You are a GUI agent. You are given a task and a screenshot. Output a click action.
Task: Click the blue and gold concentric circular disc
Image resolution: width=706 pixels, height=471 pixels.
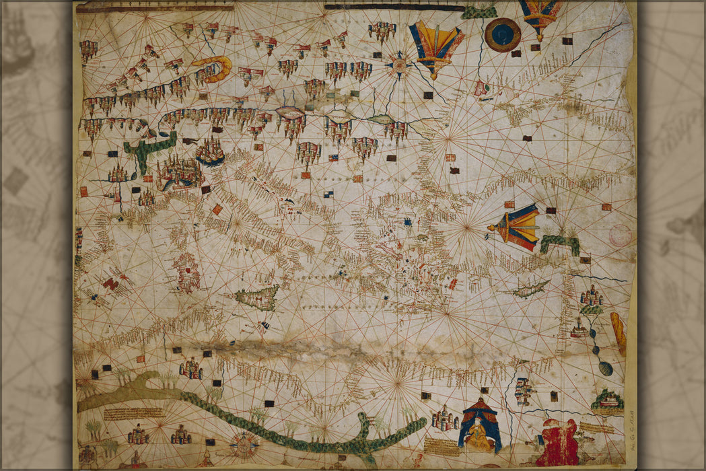[502, 35]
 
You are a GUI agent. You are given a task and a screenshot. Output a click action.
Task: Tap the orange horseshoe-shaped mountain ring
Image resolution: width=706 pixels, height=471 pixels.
[213, 68]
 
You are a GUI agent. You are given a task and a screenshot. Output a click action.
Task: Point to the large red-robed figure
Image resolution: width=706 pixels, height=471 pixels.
[558, 443]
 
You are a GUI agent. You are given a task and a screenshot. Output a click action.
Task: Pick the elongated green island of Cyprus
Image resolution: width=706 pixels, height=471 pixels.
[530, 290]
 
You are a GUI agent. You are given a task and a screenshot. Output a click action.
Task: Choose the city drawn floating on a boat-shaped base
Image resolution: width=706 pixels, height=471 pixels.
[211, 153]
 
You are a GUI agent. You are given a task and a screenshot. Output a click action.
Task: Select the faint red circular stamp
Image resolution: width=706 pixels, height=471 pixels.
[620, 235]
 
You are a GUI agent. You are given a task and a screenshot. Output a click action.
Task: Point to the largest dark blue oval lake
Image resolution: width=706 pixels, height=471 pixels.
[605, 368]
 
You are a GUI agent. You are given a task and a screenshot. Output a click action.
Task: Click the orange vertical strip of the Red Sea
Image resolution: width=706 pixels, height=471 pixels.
[618, 333]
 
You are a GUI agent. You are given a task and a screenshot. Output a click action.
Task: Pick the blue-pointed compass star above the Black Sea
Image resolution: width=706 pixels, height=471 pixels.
[399, 65]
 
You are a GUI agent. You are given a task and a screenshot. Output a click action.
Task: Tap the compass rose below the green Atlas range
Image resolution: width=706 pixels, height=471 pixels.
[244, 444]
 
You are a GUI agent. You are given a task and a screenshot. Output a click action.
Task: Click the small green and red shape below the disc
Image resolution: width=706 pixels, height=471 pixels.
[482, 88]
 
